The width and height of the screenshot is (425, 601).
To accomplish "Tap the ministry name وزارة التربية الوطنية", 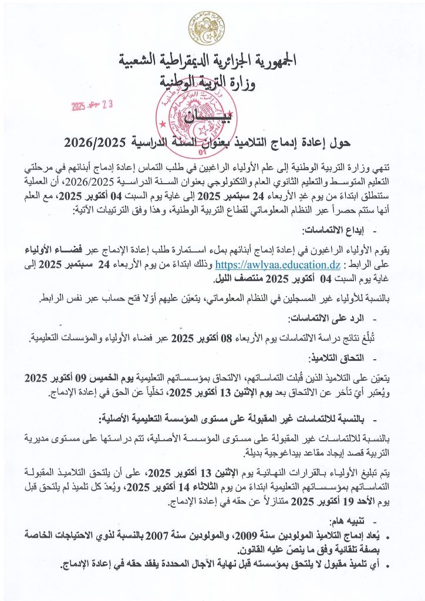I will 207,80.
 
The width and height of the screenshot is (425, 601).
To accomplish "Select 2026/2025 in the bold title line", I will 90,141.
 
